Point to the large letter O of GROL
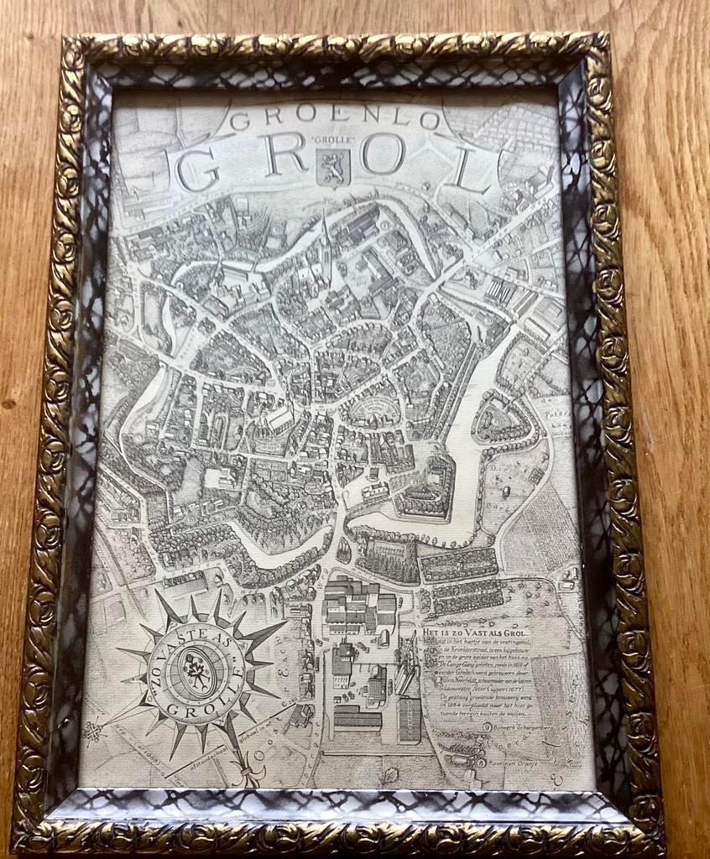pos(382,155)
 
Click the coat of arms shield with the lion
pos(333,167)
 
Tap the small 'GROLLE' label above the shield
pos(333,140)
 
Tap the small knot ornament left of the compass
pos(93,729)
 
